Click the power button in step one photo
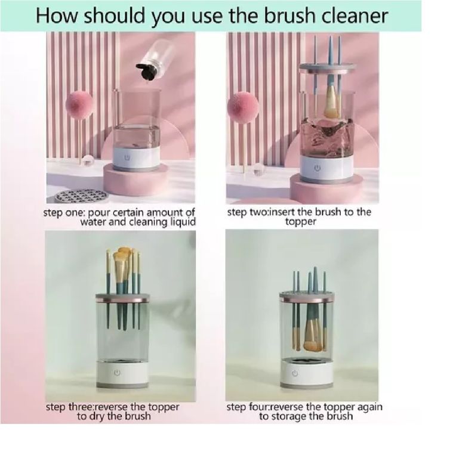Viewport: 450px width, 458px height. (127, 157)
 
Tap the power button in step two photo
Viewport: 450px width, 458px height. (318, 168)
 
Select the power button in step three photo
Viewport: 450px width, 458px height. (117, 373)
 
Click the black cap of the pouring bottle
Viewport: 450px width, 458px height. (147, 71)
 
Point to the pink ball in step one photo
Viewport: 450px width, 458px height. (79, 105)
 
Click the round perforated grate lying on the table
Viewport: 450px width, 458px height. (82, 195)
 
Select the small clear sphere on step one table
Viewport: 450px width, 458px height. (87, 160)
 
